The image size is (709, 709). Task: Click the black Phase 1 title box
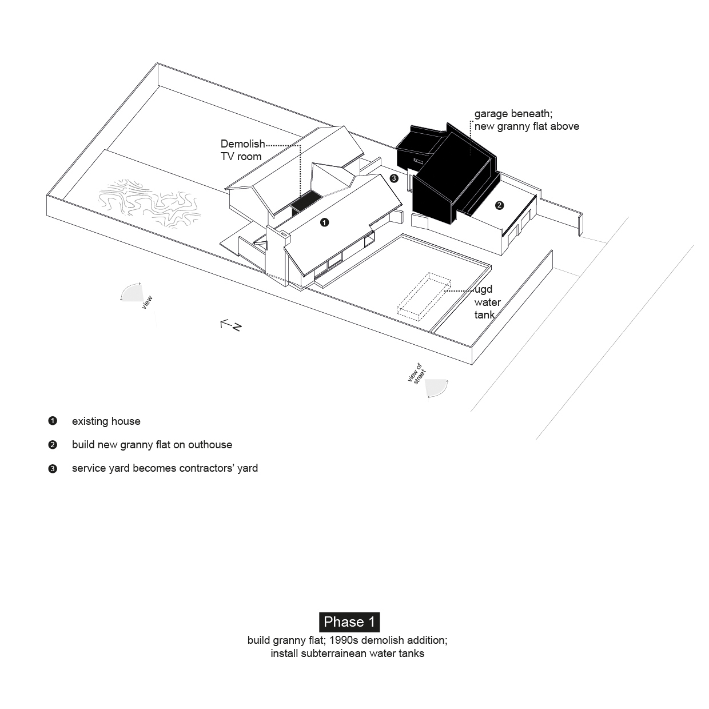point(349,622)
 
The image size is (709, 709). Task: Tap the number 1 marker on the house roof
point(325,222)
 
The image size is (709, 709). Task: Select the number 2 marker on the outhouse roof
point(499,205)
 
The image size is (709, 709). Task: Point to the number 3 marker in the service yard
point(393,178)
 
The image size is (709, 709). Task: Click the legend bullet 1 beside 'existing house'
point(53,421)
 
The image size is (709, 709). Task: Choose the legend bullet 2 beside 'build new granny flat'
point(53,445)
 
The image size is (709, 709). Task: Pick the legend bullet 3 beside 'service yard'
point(53,469)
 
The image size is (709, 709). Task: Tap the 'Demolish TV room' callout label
point(242,150)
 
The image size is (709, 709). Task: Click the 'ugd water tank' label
point(487,302)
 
